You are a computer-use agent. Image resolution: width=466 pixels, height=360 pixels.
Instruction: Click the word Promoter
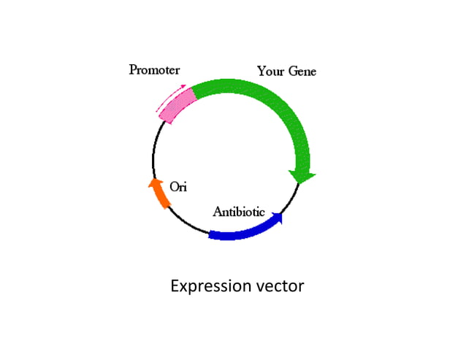(x=154, y=70)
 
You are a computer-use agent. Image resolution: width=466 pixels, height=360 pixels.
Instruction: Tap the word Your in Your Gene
(x=269, y=71)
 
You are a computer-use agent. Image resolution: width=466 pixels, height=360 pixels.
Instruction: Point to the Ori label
(x=178, y=187)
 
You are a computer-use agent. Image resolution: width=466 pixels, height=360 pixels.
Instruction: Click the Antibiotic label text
(x=238, y=212)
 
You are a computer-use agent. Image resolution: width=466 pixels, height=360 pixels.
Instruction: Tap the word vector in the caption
(x=280, y=286)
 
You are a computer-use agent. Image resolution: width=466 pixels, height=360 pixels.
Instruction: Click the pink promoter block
(x=178, y=104)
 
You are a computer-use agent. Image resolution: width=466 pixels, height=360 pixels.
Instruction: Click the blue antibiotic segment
(x=241, y=231)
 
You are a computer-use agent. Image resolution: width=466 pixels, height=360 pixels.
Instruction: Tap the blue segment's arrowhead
(x=278, y=217)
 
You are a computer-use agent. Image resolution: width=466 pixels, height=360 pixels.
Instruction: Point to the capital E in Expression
(x=175, y=286)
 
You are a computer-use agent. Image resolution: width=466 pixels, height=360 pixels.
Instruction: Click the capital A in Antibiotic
(x=218, y=212)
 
